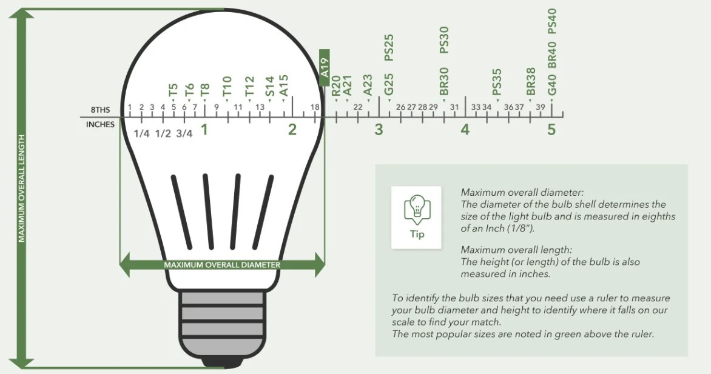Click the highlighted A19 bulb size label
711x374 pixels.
(324, 67)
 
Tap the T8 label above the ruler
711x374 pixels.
(205, 89)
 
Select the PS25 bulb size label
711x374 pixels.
(389, 48)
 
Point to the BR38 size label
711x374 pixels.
(531, 82)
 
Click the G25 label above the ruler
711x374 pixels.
(389, 84)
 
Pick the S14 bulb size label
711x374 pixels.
(270, 86)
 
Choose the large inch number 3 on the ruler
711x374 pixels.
(379, 130)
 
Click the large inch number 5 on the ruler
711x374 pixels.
(551, 130)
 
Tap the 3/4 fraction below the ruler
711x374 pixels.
(184, 134)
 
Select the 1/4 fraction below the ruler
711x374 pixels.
(141, 134)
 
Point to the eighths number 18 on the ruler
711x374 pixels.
(315, 107)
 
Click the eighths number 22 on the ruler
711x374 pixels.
(358, 107)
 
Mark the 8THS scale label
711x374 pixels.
(100, 110)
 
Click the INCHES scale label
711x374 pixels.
(100, 124)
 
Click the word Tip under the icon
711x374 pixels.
(417, 235)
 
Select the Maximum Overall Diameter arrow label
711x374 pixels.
(222, 265)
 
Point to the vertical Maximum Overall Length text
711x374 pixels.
(21, 188)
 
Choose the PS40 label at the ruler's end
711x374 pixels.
(552, 21)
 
